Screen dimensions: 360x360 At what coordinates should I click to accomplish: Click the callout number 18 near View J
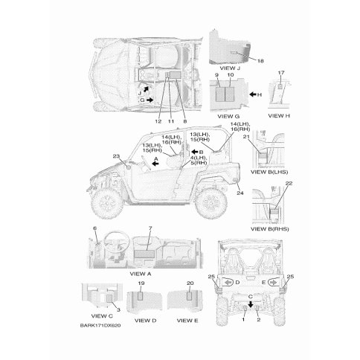click(x=260, y=61)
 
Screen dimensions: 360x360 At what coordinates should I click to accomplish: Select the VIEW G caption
click(x=228, y=116)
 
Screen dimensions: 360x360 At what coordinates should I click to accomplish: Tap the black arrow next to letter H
click(x=253, y=94)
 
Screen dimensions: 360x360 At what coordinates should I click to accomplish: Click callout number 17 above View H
click(x=281, y=73)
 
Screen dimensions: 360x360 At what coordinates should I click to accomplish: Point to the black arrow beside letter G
click(x=150, y=100)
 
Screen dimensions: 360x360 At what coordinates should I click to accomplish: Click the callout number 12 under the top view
click(x=158, y=121)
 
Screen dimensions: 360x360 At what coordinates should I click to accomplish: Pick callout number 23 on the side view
click(x=116, y=156)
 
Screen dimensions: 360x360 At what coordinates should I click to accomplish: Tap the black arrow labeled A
click(x=155, y=164)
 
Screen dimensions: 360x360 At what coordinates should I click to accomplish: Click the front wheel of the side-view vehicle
click(x=107, y=204)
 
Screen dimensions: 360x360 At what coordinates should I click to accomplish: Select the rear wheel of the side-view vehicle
click(x=210, y=203)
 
